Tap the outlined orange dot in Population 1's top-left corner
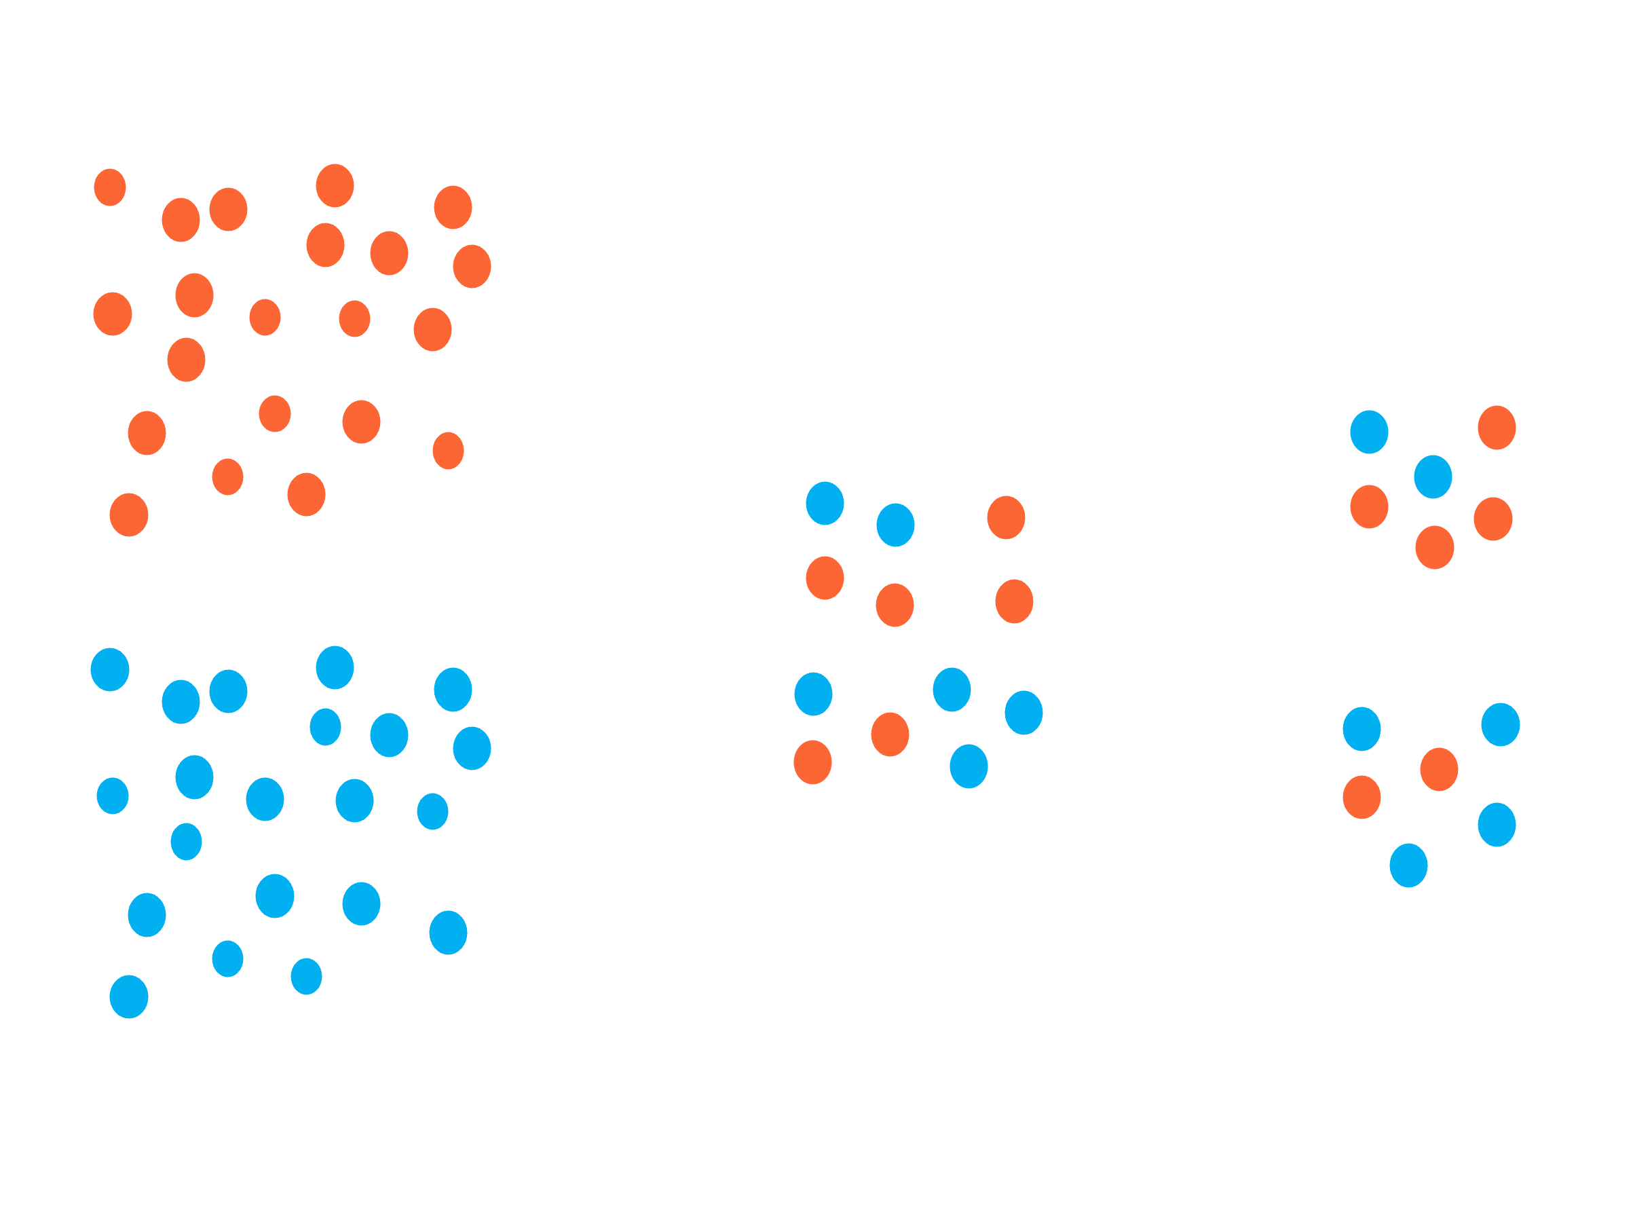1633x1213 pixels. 110,187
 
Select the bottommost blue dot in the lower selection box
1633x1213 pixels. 1408,865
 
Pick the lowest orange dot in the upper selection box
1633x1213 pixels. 1435,547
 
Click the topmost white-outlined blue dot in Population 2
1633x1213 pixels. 325,727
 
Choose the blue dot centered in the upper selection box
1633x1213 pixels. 1433,477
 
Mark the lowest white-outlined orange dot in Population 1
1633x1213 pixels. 227,477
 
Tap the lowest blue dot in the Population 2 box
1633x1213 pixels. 129,996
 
